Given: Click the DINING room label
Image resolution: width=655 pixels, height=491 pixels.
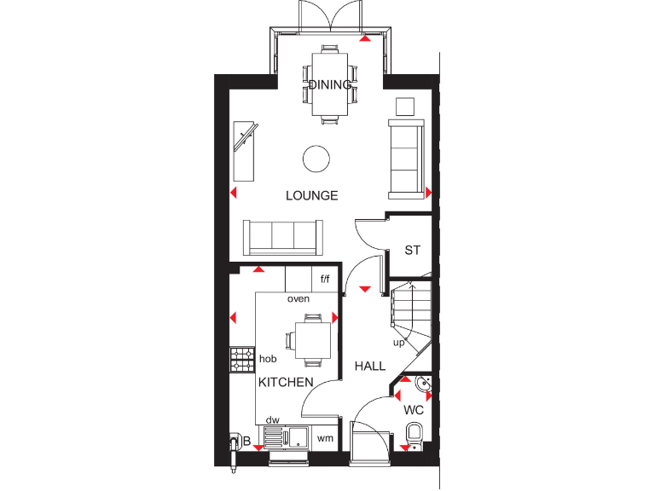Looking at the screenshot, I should click(x=329, y=84).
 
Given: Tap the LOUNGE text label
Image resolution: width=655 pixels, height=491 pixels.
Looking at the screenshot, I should click(x=311, y=195).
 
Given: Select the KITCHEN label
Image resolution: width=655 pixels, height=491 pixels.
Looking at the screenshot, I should click(x=286, y=382).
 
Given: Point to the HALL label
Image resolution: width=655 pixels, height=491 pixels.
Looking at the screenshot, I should click(x=370, y=366).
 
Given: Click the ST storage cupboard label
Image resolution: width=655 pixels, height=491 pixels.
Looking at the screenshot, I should click(x=413, y=251).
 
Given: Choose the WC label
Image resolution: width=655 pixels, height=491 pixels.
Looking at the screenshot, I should click(x=414, y=410).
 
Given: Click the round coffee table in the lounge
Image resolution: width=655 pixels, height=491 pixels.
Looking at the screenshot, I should click(x=316, y=159).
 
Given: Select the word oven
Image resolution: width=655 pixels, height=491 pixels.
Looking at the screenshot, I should click(x=298, y=298).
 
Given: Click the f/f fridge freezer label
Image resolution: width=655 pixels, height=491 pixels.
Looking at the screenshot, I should click(x=325, y=279).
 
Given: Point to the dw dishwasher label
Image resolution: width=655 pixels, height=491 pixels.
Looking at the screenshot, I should click(x=273, y=419).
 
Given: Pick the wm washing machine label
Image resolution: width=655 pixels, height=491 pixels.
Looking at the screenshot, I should click(x=324, y=438).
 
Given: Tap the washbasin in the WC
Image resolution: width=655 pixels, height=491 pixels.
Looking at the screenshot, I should click(x=423, y=385).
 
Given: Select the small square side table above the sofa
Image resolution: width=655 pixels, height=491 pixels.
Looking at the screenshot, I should click(x=406, y=106).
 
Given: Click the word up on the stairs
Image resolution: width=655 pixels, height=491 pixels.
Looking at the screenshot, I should click(x=398, y=343).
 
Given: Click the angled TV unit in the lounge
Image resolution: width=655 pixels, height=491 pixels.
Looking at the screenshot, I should click(x=246, y=150).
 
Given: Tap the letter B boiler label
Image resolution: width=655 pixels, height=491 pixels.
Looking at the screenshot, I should click(x=246, y=441).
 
